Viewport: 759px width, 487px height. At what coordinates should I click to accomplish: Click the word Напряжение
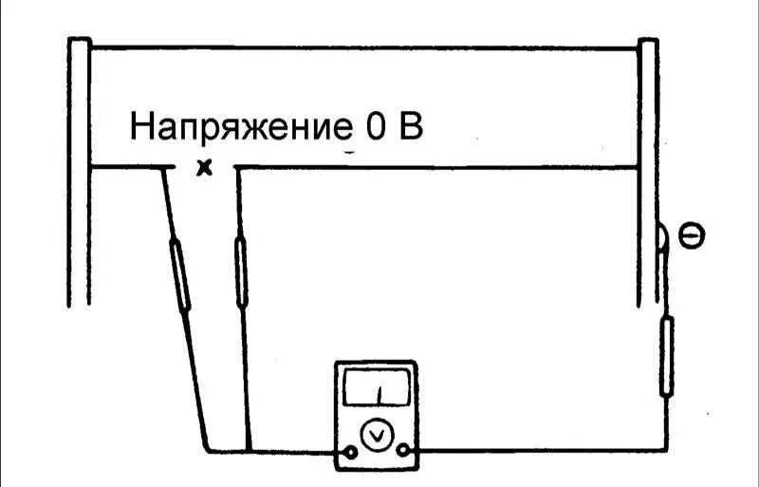coord(237,127)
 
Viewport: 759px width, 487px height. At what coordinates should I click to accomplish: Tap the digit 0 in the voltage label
coord(373,126)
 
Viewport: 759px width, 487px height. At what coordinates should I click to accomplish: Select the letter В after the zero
coord(410,126)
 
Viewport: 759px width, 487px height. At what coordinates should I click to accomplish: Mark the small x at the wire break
coord(202,169)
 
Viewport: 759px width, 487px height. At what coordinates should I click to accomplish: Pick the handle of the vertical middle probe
coord(242,272)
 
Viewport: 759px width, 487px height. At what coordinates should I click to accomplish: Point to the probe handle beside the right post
coord(667,356)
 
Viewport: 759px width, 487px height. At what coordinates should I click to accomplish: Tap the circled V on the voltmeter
coord(377,435)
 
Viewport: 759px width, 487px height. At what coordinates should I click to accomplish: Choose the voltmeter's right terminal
coord(405,450)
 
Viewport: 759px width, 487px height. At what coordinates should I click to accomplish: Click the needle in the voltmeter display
coord(377,392)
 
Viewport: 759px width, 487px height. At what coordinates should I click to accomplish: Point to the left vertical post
coord(80,171)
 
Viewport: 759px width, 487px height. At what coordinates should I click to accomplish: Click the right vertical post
coord(648,171)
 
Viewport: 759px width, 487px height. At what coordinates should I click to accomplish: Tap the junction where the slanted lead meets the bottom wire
coord(208,450)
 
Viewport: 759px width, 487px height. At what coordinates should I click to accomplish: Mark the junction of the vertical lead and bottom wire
coord(248,450)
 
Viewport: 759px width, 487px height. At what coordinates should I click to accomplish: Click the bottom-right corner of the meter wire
coord(667,450)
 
